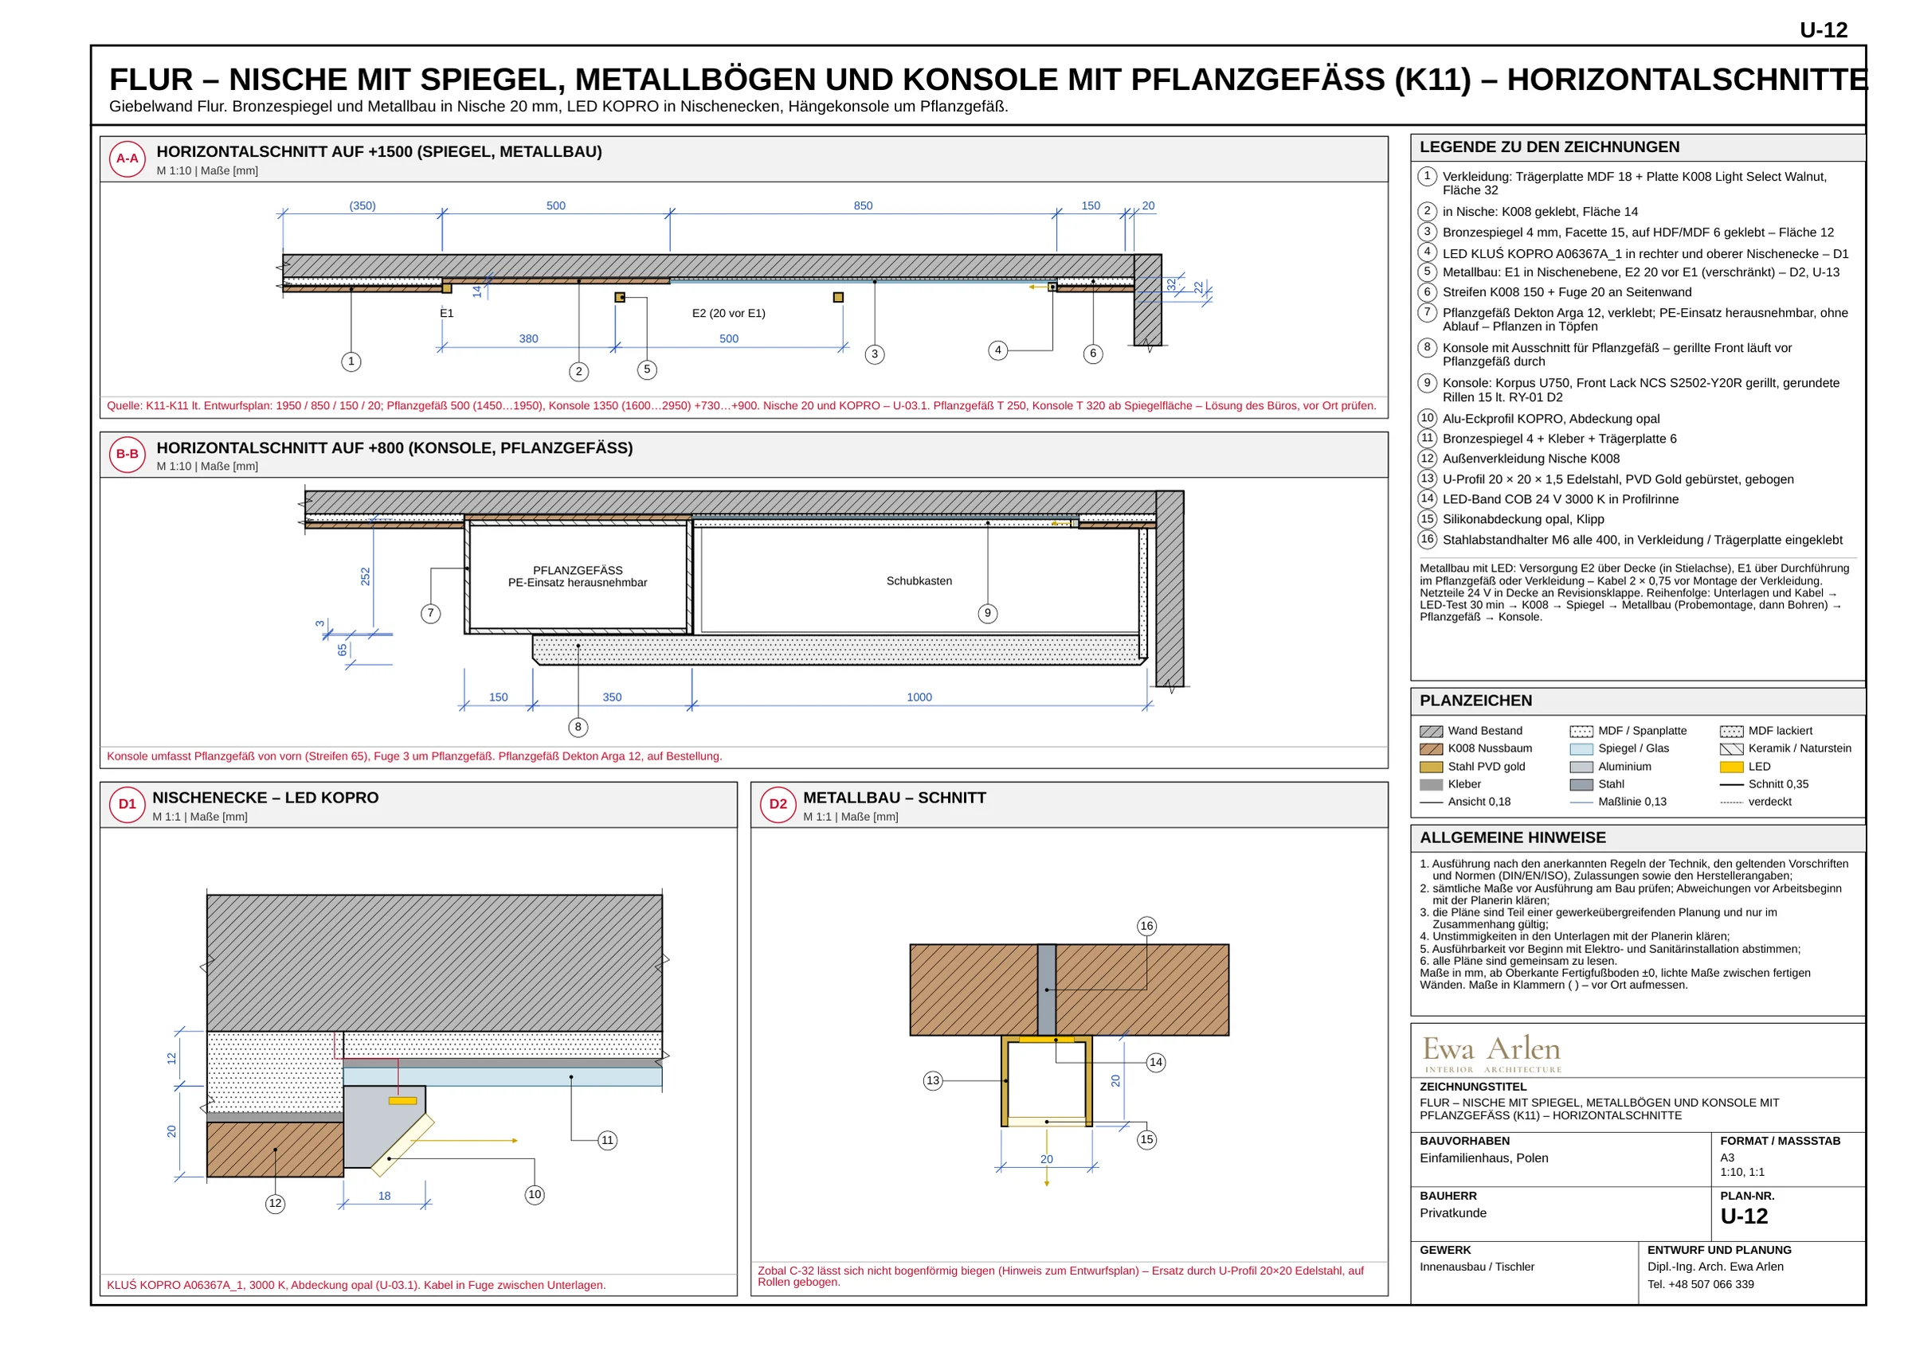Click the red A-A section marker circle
click(127, 159)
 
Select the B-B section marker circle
click(127, 455)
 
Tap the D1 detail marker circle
click(127, 804)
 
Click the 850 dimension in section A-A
click(863, 205)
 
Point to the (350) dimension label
click(362, 205)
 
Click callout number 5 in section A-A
click(647, 369)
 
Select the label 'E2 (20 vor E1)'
click(729, 313)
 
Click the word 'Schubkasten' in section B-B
click(919, 581)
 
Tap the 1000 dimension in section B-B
click(919, 697)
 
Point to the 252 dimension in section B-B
click(365, 576)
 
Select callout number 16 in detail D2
click(1146, 926)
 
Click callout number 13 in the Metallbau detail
click(933, 1080)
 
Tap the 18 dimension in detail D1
click(384, 1197)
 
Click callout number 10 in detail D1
click(535, 1194)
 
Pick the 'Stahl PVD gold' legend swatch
click(1432, 767)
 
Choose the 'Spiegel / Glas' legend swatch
click(1581, 749)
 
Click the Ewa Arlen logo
click(1491, 1053)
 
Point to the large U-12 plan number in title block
click(1744, 1216)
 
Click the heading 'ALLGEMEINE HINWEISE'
click(1513, 838)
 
